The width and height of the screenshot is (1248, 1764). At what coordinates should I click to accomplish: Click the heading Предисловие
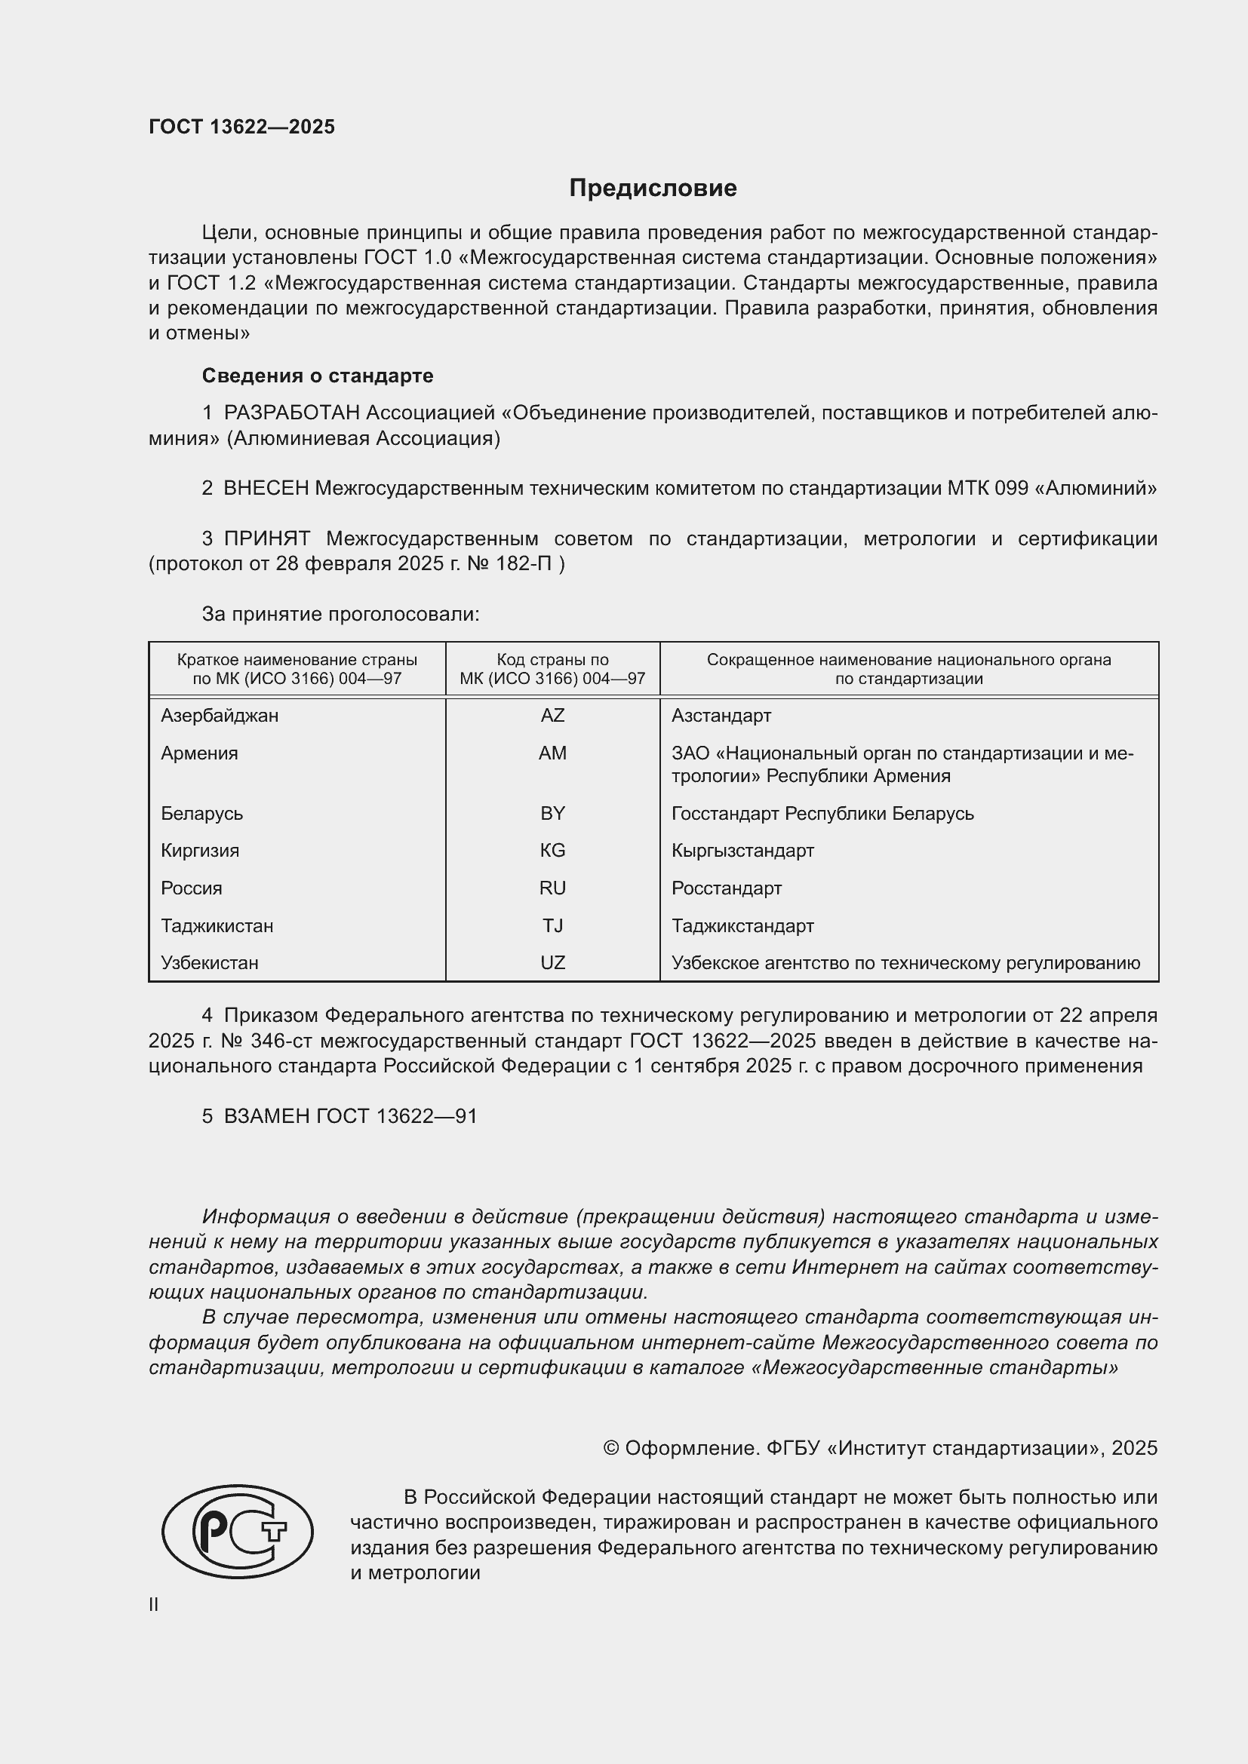[x=653, y=189]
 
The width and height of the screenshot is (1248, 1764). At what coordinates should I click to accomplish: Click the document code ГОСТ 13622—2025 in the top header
[x=241, y=127]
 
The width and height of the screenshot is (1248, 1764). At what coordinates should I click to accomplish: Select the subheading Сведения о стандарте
[x=318, y=376]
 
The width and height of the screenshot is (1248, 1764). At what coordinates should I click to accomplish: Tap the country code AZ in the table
[x=552, y=715]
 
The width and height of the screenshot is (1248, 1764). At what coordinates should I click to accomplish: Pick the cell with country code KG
[x=552, y=851]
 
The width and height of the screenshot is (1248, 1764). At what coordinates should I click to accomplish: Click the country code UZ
[x=552, y=962]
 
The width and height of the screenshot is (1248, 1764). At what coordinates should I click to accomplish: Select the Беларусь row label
[x=201, y=814]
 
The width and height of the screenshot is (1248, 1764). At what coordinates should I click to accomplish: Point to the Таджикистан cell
[x=217, y=926]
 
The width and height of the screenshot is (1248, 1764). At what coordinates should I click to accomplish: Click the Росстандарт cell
[x=726, y=888]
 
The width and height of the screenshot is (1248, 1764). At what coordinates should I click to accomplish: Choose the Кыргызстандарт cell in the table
[x=742, y=851]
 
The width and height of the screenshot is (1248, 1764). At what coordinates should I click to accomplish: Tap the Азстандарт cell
[x=721, y=715]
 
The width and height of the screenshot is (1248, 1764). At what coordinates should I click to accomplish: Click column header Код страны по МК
[x=552, y=669]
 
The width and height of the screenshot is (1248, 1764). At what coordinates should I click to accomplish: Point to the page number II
[x=154, y=1604]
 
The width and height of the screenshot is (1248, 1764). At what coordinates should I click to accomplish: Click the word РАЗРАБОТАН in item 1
[x=291, y=413]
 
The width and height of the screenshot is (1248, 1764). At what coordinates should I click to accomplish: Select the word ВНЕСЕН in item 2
[x=266, y=488]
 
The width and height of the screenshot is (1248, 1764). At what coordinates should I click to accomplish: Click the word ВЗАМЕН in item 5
[x=266, y=1115]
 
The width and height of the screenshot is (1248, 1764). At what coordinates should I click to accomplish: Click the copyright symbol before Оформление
[x=611, y=1448]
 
